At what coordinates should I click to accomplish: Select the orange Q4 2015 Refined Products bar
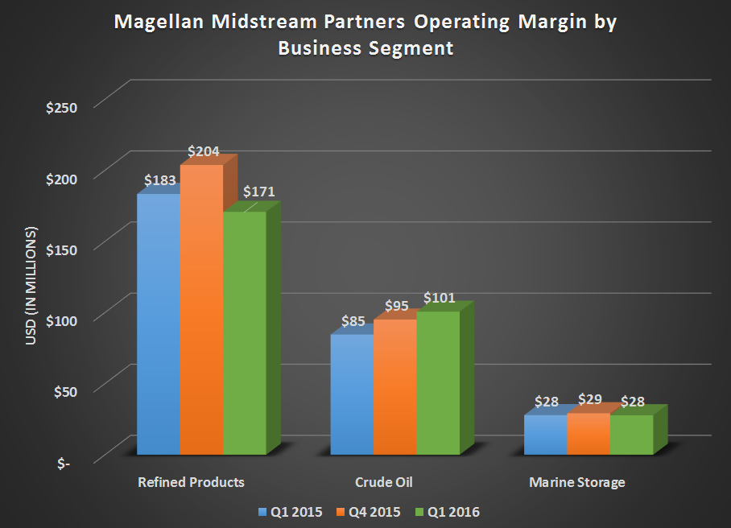click(201, 310)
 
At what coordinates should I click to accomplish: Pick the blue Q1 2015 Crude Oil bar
click(352, 394)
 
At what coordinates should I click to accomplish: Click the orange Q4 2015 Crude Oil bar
click(395, 386)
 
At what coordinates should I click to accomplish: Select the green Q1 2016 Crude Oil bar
click(438, 382)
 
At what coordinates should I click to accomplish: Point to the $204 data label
click(204, 151)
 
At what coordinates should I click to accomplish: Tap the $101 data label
click(439, 298)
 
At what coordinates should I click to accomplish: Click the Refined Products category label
click(191, 483)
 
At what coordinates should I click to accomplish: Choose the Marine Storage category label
click(576, 483)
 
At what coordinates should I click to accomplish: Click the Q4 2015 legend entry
click(373, 511)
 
